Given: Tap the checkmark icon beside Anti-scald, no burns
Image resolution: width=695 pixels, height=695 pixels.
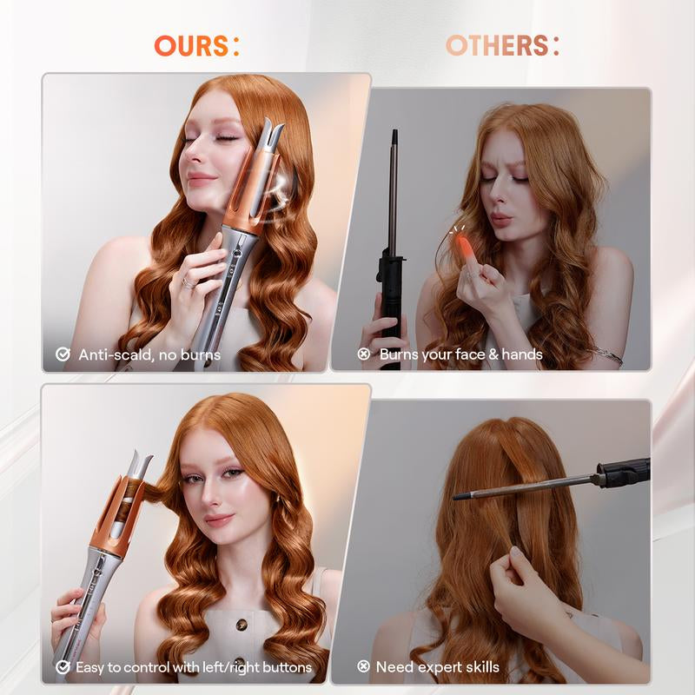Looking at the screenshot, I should [63, 354].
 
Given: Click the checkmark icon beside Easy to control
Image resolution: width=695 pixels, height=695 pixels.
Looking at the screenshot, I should [63, 667].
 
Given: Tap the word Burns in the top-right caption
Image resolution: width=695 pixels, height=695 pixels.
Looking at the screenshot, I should [400, 354].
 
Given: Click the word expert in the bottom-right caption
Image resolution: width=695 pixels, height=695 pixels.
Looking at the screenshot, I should [441, 667].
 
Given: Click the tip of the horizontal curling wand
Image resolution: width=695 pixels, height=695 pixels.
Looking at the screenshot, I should [457, 496].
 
